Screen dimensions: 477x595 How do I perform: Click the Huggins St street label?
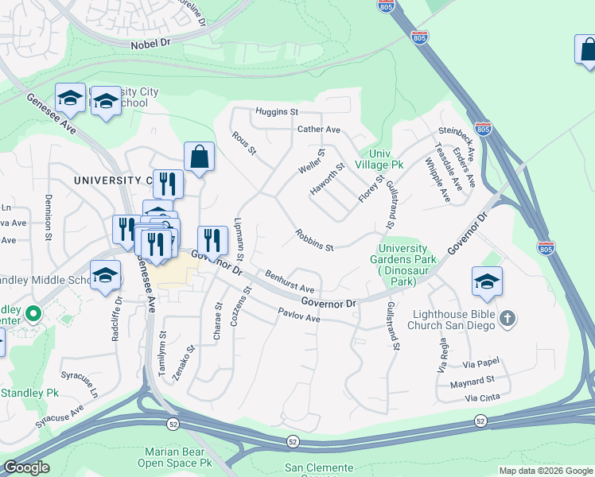[x=276, y=112]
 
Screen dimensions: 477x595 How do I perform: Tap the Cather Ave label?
[x=318, y=130]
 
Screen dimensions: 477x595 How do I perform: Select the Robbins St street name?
[x=313, y=241]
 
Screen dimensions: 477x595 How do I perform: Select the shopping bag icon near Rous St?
[x=199, y=157]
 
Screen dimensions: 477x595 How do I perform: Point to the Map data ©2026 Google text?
[x=546, y=471]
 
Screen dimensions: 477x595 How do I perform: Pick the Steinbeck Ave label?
[x=455, y=142]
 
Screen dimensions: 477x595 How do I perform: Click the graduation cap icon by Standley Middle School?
[x=104, y=276]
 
